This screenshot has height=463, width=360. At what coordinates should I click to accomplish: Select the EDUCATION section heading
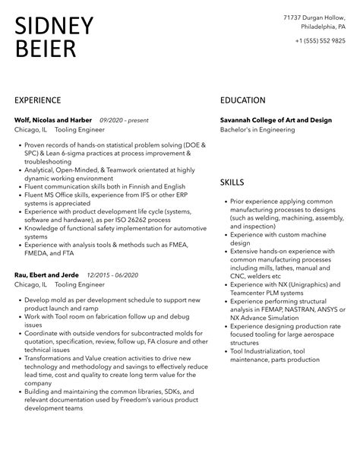(x=242, y=100)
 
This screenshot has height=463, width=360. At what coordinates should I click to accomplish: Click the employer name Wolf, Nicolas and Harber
(x=53, y=120)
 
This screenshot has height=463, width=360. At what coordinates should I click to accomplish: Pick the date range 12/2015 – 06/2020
(x=113, y=274)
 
